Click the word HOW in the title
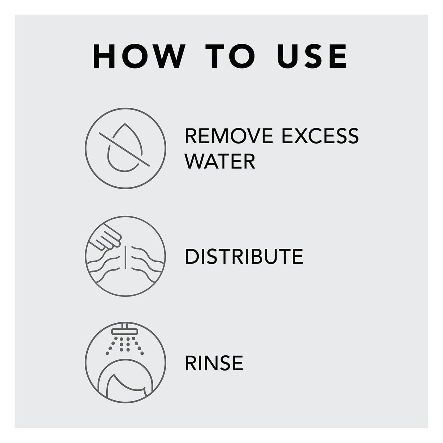[139, 56]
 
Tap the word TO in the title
[230, 56]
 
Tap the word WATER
[220, 161]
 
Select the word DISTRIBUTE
[244, 256]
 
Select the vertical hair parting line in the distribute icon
[125, 257]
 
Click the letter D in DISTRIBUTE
[192, 256]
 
